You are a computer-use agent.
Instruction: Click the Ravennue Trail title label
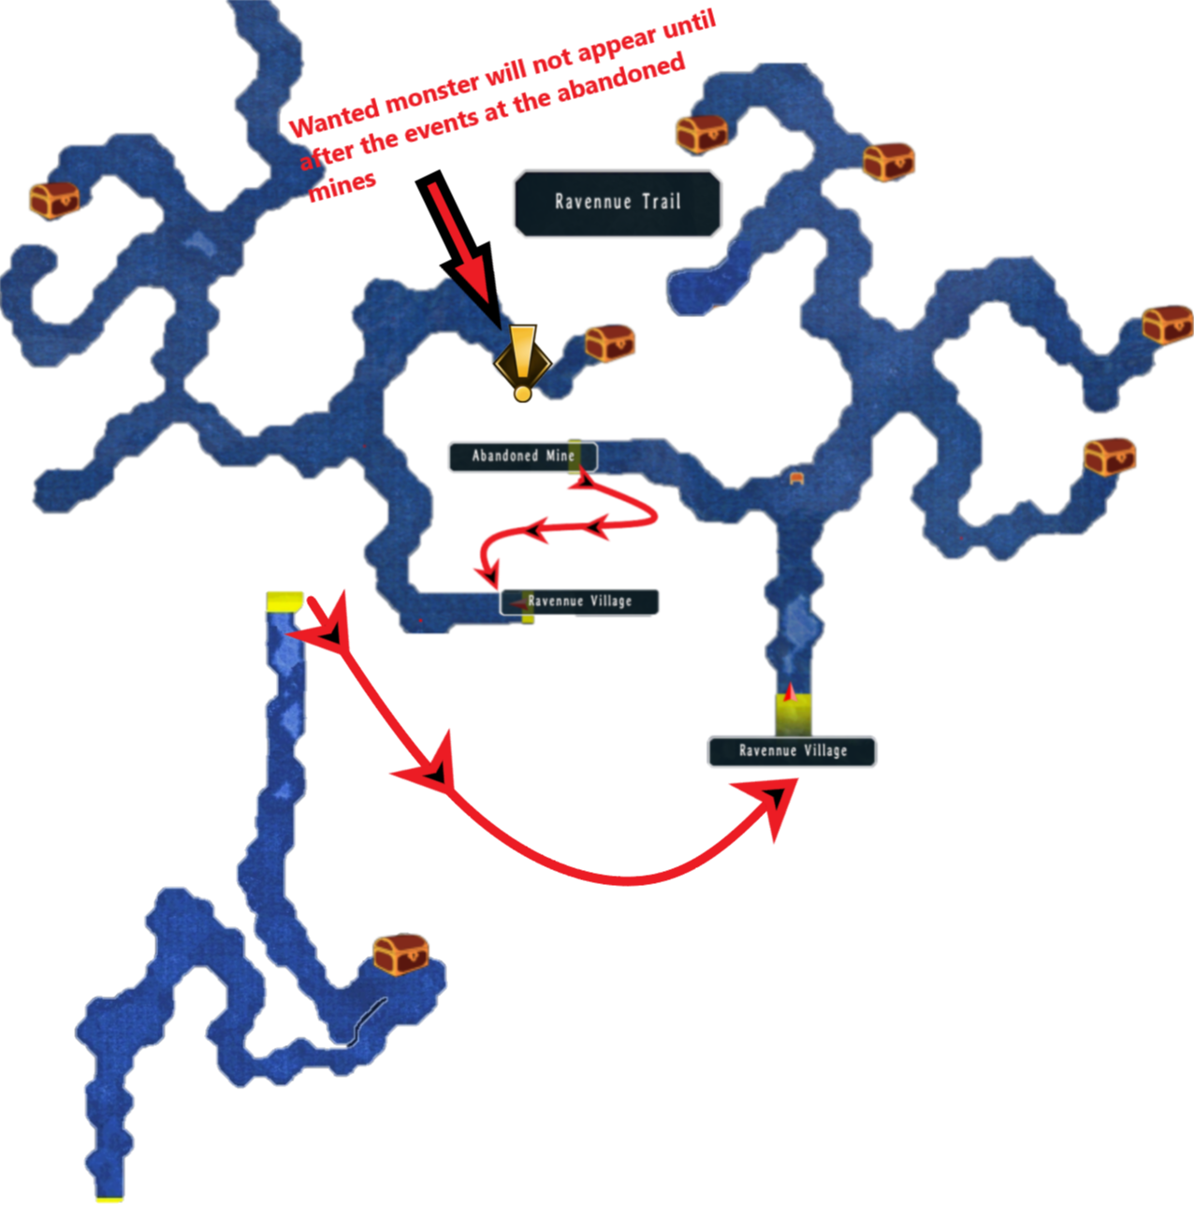[x=618, y=203]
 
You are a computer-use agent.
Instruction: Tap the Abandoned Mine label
[x=521, y=457]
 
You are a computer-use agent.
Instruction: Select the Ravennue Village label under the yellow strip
[x=792, y=751]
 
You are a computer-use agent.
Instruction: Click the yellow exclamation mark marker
[x=522, y=361]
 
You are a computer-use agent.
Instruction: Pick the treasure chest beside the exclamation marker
[x=610, y=342]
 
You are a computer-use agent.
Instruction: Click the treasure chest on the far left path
[x=54, y=199]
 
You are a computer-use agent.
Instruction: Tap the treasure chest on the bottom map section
[x=400, y=953]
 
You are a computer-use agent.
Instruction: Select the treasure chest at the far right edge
[x=1167, y=325]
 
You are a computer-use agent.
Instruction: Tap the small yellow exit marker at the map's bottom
[x=109, y=1199]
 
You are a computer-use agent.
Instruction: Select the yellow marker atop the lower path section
[x=284, y=601]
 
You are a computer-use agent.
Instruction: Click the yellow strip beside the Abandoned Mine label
[x=575, y=456]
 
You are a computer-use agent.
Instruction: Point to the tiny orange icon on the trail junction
[x=796, y=478]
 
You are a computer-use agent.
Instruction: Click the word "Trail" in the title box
[x=661, y=201]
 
